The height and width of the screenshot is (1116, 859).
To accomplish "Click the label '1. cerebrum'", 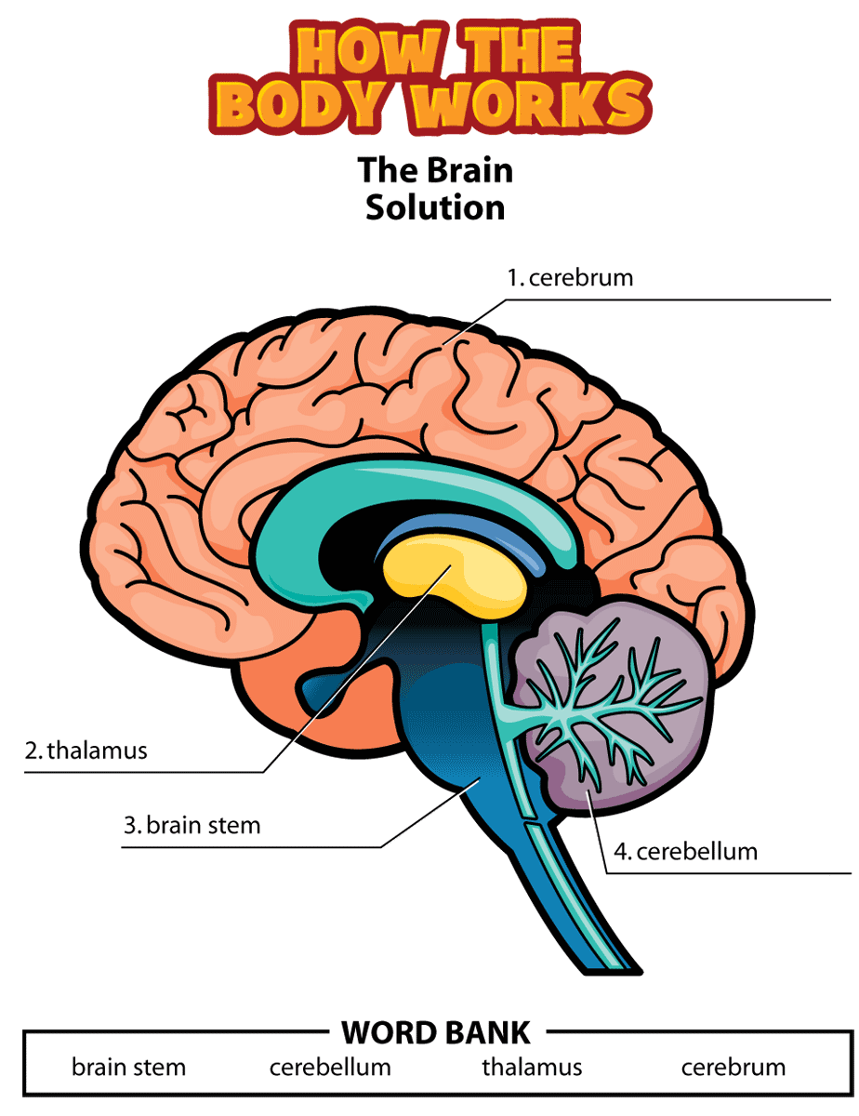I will pyautogui.click(x=570, y=277).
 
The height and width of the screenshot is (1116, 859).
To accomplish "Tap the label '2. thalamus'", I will pyautogui.click(x=86, y=751).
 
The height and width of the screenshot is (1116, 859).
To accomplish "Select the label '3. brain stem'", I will pyautogui.click(x=192, y=825).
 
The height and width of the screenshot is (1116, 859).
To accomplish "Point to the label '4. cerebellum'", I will pyautogui.click(x=685, y=851).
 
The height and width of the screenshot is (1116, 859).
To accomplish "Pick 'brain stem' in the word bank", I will pyautogui.click(x=129, y=1067).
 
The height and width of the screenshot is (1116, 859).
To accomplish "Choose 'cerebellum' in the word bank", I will pyautogui.click(x=330, y=1067).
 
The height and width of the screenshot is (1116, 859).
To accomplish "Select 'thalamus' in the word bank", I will pyautogui.click(x=532, y=1067).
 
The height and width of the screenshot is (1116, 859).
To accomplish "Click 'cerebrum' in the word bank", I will pyautogui.click(x=733, y=1067).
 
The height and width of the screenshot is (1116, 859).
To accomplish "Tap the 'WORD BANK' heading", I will pyautogui.click(x=436, y=1032).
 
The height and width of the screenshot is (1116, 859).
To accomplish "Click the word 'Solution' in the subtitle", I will pyautogui.click(x=435, y=206).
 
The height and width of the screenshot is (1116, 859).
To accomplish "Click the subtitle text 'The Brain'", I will pyautogui.click(x=435, y=170).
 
